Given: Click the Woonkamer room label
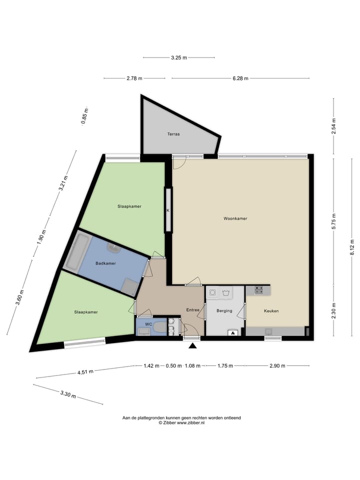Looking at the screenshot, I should point(235,218).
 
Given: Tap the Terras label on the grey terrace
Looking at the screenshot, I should point(173,134).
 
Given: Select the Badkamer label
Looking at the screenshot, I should point(105,263).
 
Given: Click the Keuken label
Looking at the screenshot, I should point(271,311).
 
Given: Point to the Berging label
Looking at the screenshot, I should point(224,311).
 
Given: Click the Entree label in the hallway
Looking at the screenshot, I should point(193,310).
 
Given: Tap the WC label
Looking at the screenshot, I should point(148,324).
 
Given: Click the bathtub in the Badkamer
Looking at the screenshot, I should point(77,252).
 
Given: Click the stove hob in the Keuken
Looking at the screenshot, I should point(258,289).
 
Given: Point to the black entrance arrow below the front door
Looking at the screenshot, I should point(192,344).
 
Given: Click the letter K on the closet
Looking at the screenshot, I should point(168,210).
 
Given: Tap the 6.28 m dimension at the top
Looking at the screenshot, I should point(240,78).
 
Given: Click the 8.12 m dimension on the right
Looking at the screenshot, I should point(352,248).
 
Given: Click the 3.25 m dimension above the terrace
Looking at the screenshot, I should point(178,58).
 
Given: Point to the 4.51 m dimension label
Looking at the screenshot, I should point(84,371).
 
